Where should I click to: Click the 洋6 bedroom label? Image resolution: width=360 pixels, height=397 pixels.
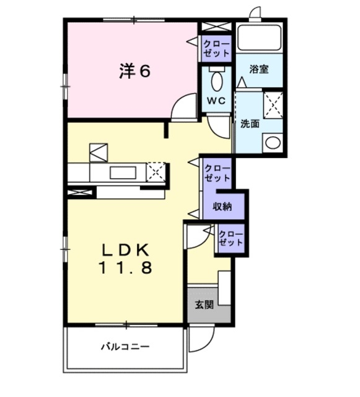tap(134, 71)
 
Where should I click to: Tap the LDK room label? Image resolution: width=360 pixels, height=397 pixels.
tap(126, 250)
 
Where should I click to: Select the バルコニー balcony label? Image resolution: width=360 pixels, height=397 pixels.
tap(125, 346)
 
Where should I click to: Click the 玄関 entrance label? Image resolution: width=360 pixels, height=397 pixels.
tap(204, 305)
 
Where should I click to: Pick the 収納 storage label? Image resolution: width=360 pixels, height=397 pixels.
tap(222, 206)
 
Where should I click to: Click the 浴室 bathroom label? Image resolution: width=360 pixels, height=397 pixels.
tap(258, 69)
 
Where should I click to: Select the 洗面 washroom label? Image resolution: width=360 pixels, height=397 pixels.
tap(250, 123)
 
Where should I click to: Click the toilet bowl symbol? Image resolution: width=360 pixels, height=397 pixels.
tap(216, 81)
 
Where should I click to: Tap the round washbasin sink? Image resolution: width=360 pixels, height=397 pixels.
tap(272, 142)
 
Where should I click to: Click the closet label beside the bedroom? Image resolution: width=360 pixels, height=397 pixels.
tap(217, 49)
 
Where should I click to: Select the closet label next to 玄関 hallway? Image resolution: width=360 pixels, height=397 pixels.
tap(230, 238)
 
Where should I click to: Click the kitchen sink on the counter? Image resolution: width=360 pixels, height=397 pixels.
tap(119, 172)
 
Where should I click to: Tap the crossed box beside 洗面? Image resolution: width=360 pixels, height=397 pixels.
tap(273, 105)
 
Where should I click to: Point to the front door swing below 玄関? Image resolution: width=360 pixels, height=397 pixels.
tap(201, 338)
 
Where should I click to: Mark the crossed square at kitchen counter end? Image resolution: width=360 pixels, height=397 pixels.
tap(157, 171)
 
